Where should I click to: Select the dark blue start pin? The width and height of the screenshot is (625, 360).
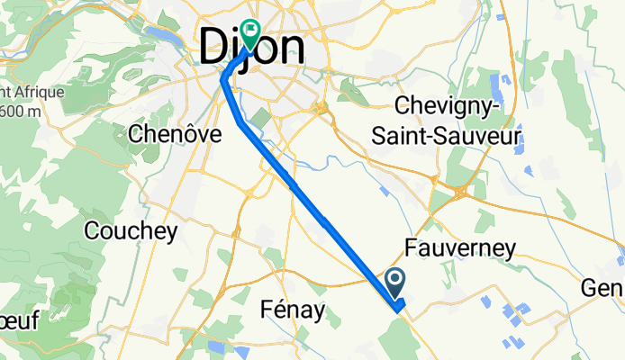(396, 283)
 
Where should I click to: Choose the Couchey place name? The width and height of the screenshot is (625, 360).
(131, 230)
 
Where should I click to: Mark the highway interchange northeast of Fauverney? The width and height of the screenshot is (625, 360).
(459, 191)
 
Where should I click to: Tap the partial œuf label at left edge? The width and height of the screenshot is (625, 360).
(18, 320)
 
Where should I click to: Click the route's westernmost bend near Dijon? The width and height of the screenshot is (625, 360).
(223, 80)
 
